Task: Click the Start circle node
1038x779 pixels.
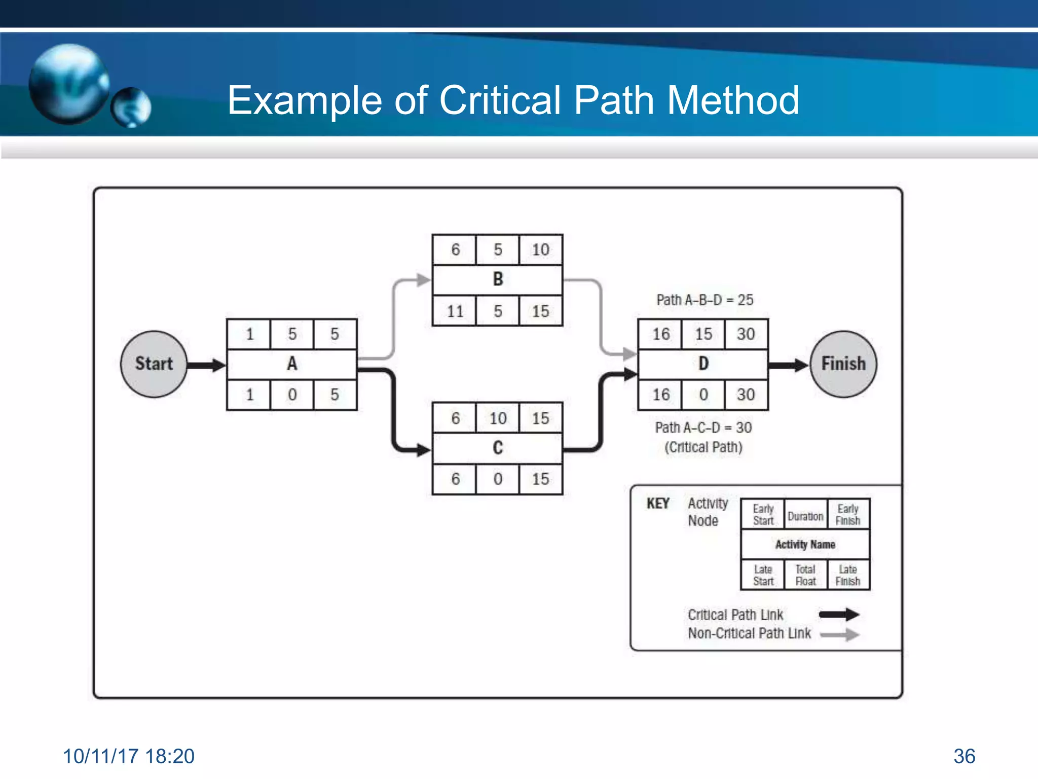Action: pyautogui.click(x=154, y=364)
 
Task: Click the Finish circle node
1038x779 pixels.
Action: pyautogui.click(x=843, y=364)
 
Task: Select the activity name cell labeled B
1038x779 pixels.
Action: pyautogui.click(x=497, y=279)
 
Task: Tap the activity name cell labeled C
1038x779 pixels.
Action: pyautogui.click(x=497, y=448)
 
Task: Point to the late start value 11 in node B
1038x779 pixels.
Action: pyautogui.click(x=455, y=311)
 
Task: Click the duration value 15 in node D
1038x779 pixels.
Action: pyautogui.click(x=703, y=334)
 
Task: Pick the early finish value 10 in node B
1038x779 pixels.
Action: pyautogui.click(x=540, y=250)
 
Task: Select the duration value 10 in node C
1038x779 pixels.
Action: pyautogui.click(x=497, y=418)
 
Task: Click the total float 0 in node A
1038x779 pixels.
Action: pyautogui.click(x=292, y=395)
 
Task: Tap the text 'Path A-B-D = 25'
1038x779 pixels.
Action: pyautogui.click(x=705, y=300)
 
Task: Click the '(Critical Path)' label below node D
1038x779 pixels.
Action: pyautogui.click(x=703, y=447)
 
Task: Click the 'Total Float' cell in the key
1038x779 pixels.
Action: pyautogui.click(x=805, y=575)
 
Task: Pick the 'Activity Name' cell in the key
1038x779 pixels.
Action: pyautogui.click(x=805, y=544)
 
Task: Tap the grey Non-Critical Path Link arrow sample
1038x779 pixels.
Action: pyautogui.click(x=839, y=634)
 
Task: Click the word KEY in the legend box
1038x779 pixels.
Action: pyautogui.click(x=658, y=504)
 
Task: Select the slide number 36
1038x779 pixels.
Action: pyautogui.click(x=964, y=756)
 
